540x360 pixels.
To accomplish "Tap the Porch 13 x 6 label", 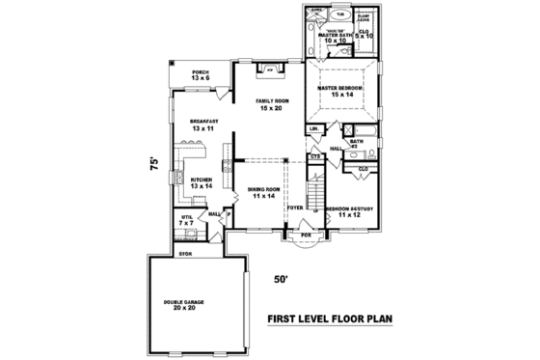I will [200, 74].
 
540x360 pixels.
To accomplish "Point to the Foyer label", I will [295, 207].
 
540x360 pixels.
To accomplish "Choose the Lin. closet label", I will [315, 128].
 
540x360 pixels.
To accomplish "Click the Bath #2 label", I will [357, 143].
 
